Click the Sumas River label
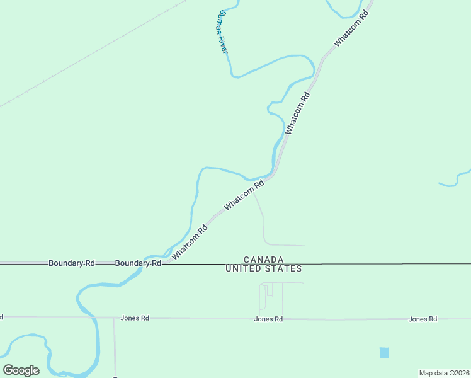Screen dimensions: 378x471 pyautogui.click(x=222, y=31)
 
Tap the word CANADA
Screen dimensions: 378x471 pyautogui.click(x=263, y=260)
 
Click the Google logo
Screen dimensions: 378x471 pyautogui.click(x=21, y=370)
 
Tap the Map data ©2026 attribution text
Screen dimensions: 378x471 pyautogui.click(x=444, y=373)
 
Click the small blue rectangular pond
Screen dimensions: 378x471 pyautogui.click(x=384, y=353)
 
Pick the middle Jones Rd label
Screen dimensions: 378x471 pyautogui.click(x=268, y=319)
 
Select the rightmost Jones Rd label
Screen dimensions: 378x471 pyautogui.click(x=423, y=319)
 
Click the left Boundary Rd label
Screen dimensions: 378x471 pyautogui.click(x=72, y=263)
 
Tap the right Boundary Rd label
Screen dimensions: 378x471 pyautogui.click(x=139, y=263)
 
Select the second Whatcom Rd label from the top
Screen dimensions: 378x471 pyautogui.click(x=298, y=113)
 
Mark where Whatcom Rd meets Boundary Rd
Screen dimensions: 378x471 pyautogui.click(x=165, y=263)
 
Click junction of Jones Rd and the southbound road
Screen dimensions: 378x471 pyautogui.click(x=114, y=318)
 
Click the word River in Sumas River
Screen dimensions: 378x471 pyautogui.click(x=224, y=43)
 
